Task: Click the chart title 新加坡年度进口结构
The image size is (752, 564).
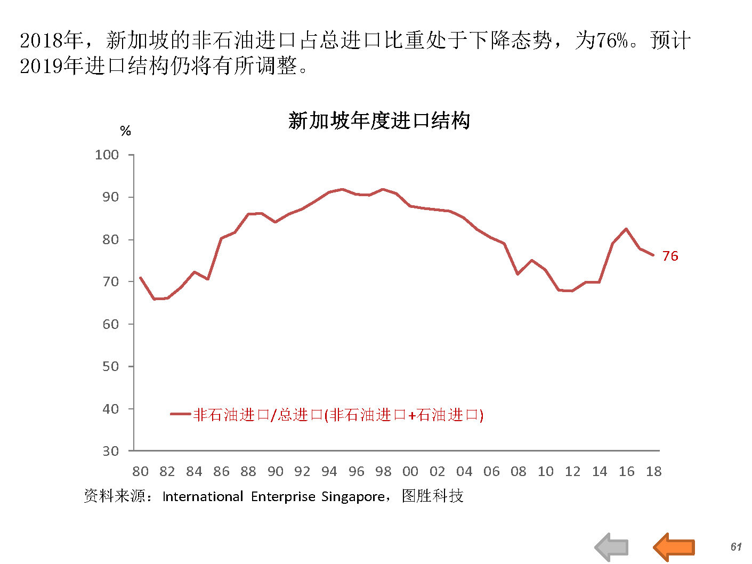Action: coord(378,120)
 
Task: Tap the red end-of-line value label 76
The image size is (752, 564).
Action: coord(670,256)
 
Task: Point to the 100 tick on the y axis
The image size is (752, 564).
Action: coord(107,155)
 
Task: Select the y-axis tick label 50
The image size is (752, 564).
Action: coord(110,367)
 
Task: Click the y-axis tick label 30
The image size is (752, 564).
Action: coord(110,451)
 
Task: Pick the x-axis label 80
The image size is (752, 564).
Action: coord(140,471)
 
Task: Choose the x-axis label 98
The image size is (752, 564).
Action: coord(383,471)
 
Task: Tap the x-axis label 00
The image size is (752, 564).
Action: coord(410,471)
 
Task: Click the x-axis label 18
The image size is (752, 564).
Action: coord(653,471)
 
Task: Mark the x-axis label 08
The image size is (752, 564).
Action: coord(518,471)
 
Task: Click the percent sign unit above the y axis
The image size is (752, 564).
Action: coord(125,131)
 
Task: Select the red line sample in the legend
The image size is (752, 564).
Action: coord(180,414)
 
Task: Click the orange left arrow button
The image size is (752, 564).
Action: coord(674,547)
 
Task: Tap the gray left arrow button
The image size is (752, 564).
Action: coord(612,547)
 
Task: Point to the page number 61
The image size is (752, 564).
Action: coord(736,547)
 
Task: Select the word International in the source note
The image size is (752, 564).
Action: coord(203,497)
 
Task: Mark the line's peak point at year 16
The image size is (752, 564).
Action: coord(626,229)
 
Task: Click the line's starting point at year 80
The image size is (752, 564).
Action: coord(140,278)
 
